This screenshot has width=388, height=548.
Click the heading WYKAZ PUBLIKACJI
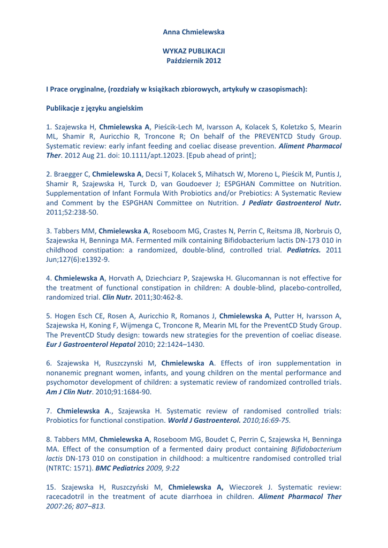point(194,51)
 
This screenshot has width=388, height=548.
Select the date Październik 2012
point(194,60)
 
